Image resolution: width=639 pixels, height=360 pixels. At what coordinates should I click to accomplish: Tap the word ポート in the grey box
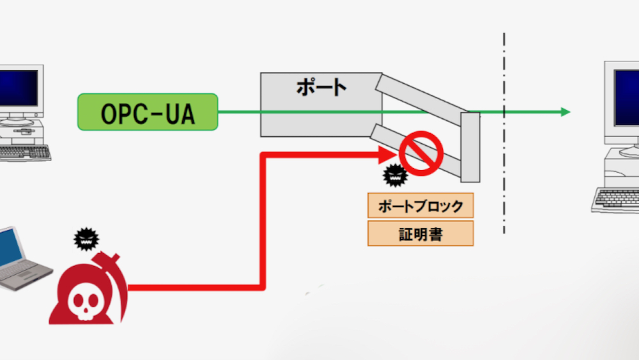pos(321,87)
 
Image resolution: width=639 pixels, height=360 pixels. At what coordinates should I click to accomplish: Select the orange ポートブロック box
pos(420,206)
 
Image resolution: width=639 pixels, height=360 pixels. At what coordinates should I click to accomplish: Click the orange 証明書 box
pos(420,233)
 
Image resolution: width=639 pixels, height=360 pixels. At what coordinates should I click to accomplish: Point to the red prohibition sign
pos(421,153)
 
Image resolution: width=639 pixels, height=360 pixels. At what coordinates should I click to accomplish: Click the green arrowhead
pos(565,112)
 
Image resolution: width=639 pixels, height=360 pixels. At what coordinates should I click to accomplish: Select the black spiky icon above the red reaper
pos(87,239)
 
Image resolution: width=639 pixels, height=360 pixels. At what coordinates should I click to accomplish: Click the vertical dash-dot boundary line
pos(504,160)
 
